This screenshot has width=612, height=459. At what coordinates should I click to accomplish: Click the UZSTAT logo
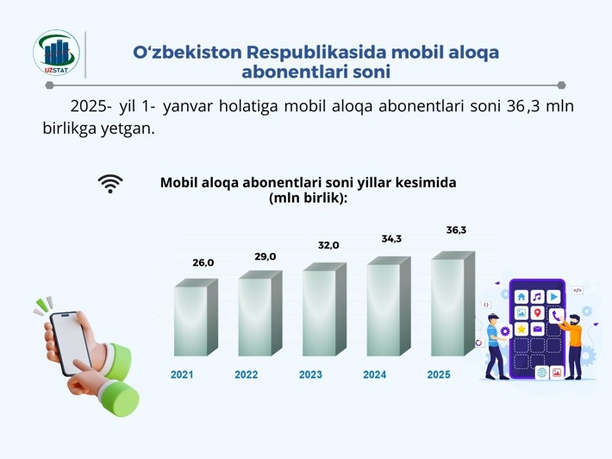(57, 53)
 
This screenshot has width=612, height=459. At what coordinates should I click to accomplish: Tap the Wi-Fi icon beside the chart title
(110, 184)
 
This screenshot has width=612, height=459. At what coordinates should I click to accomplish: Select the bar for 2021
(196, 318)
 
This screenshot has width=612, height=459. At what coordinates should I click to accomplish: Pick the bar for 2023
(324, 310)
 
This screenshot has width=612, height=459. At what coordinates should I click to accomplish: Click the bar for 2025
(453, 304)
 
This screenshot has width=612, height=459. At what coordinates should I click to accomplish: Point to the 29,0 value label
(265, 256)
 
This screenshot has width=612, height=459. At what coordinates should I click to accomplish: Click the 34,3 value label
(391, 239)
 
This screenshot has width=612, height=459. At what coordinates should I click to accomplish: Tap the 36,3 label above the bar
(456, 230)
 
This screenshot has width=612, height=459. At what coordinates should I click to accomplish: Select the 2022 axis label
(247, 374)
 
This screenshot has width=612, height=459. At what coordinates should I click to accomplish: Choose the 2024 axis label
(375, 374)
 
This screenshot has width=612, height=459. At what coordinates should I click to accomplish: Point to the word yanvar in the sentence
(187, 106)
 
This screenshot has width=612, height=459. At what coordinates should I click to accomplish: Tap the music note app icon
(538, 297)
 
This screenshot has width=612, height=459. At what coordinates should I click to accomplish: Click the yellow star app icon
(521, 329)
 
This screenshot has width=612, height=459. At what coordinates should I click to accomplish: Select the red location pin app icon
(538, 312)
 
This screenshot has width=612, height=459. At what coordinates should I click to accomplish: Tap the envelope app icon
(538, 329)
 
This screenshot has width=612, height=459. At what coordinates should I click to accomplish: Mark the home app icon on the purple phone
(521, 297)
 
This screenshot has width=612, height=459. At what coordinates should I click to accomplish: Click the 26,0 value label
(203, 263)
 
